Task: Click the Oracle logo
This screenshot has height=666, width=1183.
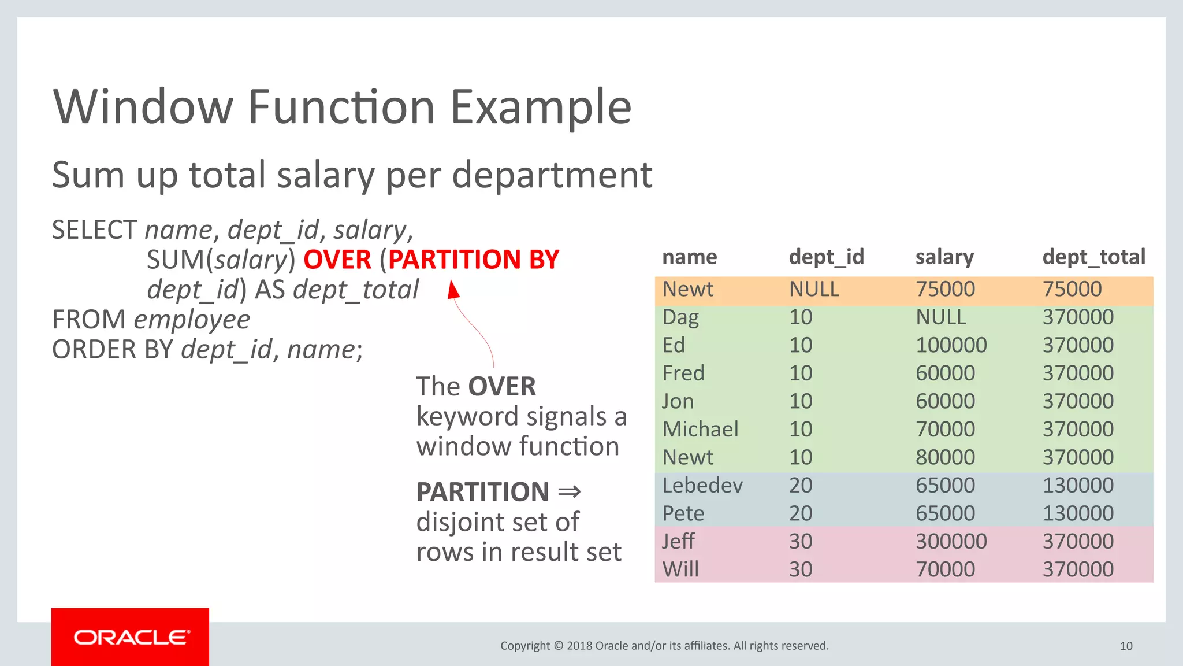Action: click(131, 637)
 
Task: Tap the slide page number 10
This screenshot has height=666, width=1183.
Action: click(1126, 646)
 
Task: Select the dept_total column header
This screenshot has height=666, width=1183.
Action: click(1093, 257)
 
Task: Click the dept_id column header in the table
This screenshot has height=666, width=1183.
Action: click(826, 257)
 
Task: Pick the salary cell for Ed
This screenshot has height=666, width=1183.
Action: click(951, 345)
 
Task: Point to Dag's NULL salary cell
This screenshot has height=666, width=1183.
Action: click(940, 317)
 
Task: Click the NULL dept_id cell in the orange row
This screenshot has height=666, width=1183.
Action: click(814, 289)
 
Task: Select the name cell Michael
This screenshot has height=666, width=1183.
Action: click(700, 430)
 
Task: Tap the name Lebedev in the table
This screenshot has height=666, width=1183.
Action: click(702, 486)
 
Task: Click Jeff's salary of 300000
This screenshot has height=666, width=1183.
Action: click(951, 542)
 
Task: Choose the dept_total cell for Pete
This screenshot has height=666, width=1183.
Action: click(1078, 513)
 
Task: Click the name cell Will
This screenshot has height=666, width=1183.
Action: click(680, 569)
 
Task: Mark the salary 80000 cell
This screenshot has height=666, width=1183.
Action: click(945, 457)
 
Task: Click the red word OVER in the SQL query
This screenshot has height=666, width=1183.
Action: click(337, 260)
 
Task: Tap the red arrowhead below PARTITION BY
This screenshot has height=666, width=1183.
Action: click(454, 290)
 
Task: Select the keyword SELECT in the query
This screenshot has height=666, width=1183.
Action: click(94, 230)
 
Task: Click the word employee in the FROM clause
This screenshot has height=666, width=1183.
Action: click(192, 320)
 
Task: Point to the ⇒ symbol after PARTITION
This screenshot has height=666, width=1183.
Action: click(569, 492)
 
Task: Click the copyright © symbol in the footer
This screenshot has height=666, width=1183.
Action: click(558, 646)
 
